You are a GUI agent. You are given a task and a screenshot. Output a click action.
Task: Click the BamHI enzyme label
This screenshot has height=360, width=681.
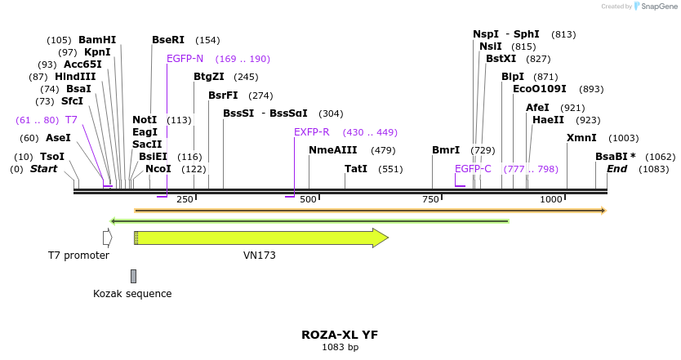click(x=97, y=40)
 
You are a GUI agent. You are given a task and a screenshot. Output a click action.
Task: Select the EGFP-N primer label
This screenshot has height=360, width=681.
click(x=185, y=59)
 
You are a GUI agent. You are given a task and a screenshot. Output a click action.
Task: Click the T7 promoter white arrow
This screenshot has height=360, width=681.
click(x=107, y=238)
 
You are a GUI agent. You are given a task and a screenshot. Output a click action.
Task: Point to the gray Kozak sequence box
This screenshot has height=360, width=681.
click(x=133, y=276)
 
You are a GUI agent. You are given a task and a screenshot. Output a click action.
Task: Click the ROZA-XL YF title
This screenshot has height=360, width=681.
click(x=340, y=335)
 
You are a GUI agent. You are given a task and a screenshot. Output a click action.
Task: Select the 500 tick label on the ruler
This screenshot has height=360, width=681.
click(x=308, y=200)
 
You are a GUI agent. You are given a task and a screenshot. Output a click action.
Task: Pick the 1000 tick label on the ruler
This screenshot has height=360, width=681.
click(x=551, y=200)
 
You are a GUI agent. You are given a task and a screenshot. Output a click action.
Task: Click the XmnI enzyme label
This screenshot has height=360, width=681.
click(x=581, y=138)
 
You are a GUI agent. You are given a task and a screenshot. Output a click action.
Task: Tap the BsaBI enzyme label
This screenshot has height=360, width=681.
click(x=615, y=156)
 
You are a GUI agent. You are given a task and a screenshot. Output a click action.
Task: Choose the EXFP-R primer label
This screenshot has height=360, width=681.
click(x=312, y=132)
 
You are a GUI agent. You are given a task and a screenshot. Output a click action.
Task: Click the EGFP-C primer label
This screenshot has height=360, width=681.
click(x=473, y=169)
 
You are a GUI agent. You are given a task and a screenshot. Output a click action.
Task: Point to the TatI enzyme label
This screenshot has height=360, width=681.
click(x=356, y=169)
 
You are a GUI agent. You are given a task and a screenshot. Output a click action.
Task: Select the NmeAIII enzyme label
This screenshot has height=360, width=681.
click(x=333, y=150)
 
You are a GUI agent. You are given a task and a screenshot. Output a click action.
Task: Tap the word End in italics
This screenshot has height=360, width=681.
click(x=616, y=169)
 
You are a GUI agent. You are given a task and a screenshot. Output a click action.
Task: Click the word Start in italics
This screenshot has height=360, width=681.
click(x=44, y=169)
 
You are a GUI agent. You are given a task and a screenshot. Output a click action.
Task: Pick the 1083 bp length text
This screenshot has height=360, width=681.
click(x=340, y=347)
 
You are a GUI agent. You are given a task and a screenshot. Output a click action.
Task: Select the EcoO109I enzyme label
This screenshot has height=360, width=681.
click(x=539, y=89)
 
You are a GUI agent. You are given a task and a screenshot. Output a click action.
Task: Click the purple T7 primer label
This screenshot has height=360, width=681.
click(x=71, y=120)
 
